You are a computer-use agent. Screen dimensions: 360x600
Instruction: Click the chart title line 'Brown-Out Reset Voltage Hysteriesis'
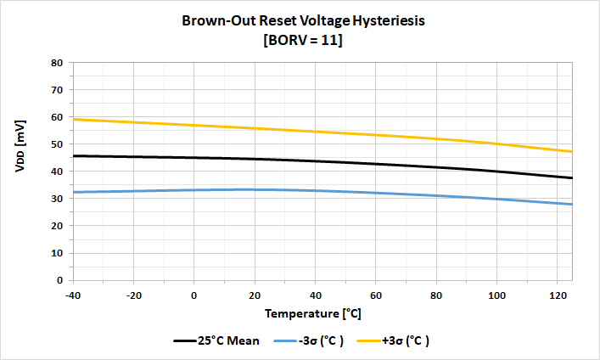click(302, 20)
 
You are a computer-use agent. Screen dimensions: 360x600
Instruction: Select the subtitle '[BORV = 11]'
click(303, 39)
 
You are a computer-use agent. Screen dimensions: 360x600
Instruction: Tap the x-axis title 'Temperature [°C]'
click(313, 313)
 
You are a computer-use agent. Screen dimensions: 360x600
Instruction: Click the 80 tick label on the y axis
click(57, 63)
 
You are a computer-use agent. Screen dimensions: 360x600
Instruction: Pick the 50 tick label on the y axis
click(57, 144)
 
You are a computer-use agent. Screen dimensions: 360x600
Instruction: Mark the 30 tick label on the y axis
click(57, 199)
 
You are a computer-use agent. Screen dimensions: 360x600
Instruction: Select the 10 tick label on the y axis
click(57, 253)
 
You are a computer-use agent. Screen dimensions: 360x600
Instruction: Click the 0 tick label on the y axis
click(59, 280)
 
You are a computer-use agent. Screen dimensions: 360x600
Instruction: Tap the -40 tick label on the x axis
click(74, 294)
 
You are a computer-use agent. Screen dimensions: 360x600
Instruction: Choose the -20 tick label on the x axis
click(134, 294)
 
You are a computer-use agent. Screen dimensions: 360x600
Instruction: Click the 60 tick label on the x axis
click(377, 294)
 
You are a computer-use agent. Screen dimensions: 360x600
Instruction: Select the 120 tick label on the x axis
click(558, 294)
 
